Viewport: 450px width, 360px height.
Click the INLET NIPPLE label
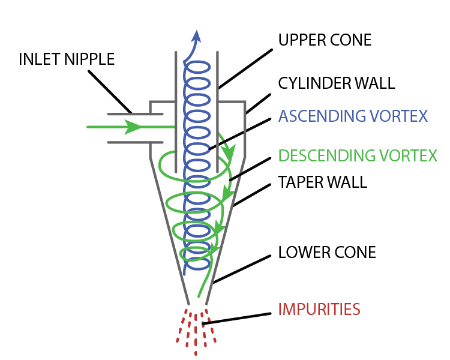click(x=67, y=59)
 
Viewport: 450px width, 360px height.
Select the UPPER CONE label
click(x=325, y=40)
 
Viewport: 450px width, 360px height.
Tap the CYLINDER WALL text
click(x=337, y=83)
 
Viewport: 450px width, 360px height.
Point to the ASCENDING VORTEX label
click(x=353, y=116)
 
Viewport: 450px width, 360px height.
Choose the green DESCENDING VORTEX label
click(x=358, y=155)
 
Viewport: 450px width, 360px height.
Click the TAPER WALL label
click(x=323, y=182)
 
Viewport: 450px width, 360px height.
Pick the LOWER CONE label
click(x=327, y=253)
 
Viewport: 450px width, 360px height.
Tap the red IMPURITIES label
click(x=319, y=309)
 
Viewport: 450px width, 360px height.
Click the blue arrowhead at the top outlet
click(x=196, y=36)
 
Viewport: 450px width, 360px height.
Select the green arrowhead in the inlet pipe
click(x=133, y=127)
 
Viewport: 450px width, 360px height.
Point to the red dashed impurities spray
click(x=196, y=332)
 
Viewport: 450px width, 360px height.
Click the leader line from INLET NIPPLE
click(x=110, y=92)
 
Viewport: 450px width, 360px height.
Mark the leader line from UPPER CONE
click(x=245, y=69)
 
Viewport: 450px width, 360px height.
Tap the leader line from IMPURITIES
click(x=237, y=319)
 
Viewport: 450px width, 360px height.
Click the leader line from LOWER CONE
click(x=242, y=269)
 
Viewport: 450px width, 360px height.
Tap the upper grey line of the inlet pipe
click(x=135, y=114)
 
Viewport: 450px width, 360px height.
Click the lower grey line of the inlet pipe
click(x=135, y=142)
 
